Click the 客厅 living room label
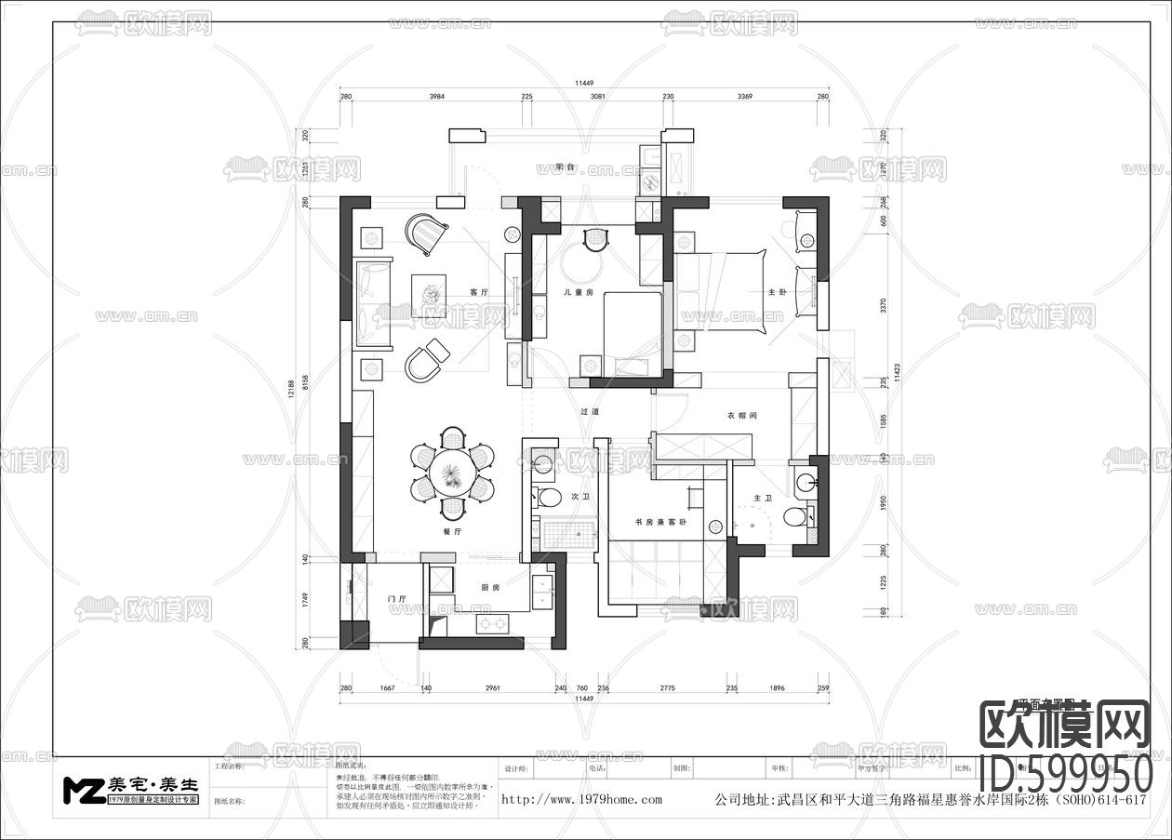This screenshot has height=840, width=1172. click(x=479, y=292)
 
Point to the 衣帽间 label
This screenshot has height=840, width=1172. click(x=741, y=416)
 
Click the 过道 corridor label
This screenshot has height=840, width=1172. click(x=590, y=411)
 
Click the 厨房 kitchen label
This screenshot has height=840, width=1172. click(x=491, y=588)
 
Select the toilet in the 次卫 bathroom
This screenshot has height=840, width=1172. click(x=550, y=498)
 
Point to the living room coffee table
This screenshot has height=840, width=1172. click(x=431, y=295)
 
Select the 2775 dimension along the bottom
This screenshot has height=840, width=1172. click(x=667, y=688)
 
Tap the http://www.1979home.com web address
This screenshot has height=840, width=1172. click(x=582, y=799)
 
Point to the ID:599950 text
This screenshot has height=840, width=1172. click(x=1067, y=773)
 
